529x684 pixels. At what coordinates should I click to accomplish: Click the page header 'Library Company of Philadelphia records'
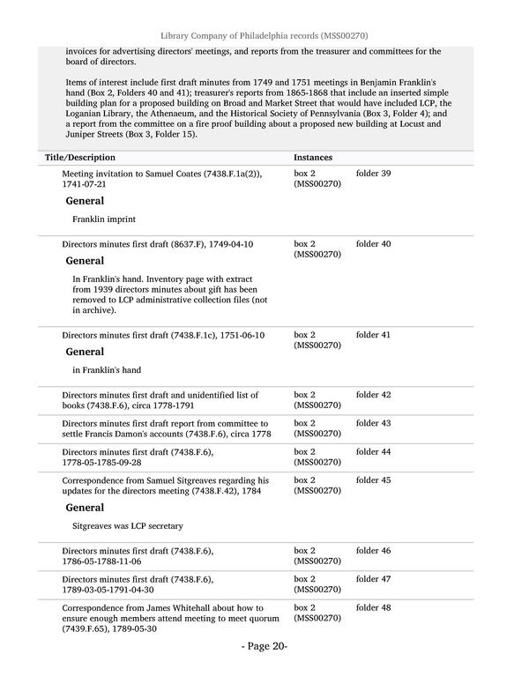(x=264, y=34)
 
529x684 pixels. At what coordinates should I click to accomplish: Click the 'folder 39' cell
(x=373, y=174)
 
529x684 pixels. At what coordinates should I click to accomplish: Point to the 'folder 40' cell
(x=373, y=243)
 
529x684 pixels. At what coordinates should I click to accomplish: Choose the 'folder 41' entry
(x=373, y=335)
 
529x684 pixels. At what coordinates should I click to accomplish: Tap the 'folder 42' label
(x=373, y=395)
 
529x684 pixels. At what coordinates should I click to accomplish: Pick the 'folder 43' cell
(x=373, y=423)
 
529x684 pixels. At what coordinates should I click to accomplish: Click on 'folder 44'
(x=373, y=451)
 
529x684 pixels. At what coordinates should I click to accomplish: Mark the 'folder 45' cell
(x=373, y=480)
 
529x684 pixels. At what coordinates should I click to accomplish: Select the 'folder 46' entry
(x=373, y=551)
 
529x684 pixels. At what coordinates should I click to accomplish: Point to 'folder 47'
(x=373, y=579)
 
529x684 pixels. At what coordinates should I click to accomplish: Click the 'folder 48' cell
(x=373, y=607)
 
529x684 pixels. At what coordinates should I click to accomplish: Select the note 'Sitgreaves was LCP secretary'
(x=128, y=525)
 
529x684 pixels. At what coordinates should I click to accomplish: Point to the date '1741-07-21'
(x=85, y=184)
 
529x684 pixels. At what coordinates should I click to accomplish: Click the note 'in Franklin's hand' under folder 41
(x=107, y=370)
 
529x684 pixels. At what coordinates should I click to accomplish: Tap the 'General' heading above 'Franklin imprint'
(x=85, y=201)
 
